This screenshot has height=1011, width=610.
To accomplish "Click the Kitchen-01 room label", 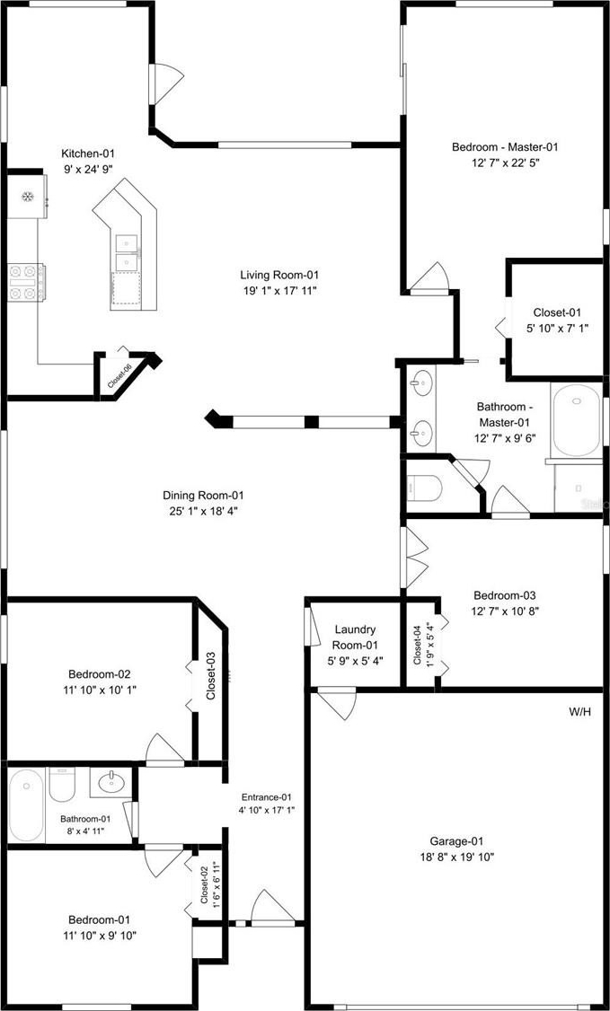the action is click(x=88, y=154).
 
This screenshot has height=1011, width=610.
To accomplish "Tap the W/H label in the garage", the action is click(x=579, y=712).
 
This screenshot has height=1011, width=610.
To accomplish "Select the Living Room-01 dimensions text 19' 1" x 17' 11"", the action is click(x=279, y=290).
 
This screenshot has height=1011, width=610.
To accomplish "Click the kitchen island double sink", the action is click(x=127, y=252).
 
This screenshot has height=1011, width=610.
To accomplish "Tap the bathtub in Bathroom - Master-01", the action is click(x=577, y=420).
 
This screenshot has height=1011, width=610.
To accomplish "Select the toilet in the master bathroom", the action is click(x=424, y=488).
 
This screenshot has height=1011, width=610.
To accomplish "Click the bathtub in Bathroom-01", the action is click(x=26, y=804).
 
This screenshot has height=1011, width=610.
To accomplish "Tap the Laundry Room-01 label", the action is click(x=355, y=637).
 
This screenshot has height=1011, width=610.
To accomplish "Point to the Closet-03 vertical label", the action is click(x=210, y=676).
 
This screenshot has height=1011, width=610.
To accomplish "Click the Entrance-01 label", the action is click(x=267, y=796).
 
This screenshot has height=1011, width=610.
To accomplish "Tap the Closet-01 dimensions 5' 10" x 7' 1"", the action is click(x=557, y=327).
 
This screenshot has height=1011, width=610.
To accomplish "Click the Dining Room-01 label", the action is click(x=203, y=496).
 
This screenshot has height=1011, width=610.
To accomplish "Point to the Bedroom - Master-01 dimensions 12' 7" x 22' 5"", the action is click(x=505, y=163).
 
